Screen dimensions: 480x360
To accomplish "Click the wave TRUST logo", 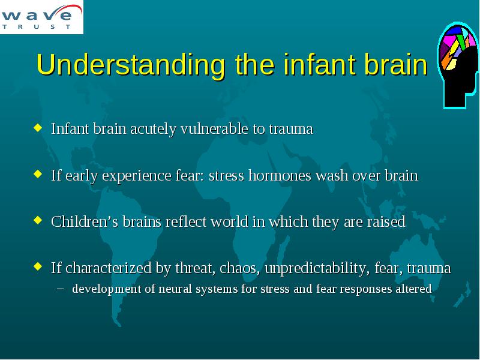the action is [41, 17].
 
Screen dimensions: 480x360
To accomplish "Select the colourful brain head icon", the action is [458, 65].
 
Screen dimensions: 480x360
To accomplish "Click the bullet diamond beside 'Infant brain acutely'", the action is [38, 127].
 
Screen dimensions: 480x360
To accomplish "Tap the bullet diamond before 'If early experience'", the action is [38, 174].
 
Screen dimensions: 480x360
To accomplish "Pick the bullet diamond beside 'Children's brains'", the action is [38, 220].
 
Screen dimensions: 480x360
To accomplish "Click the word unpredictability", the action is [316, 268].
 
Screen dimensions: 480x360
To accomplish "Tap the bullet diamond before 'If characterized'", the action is [38, 266].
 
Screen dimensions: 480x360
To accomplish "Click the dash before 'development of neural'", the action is [61, 289].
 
